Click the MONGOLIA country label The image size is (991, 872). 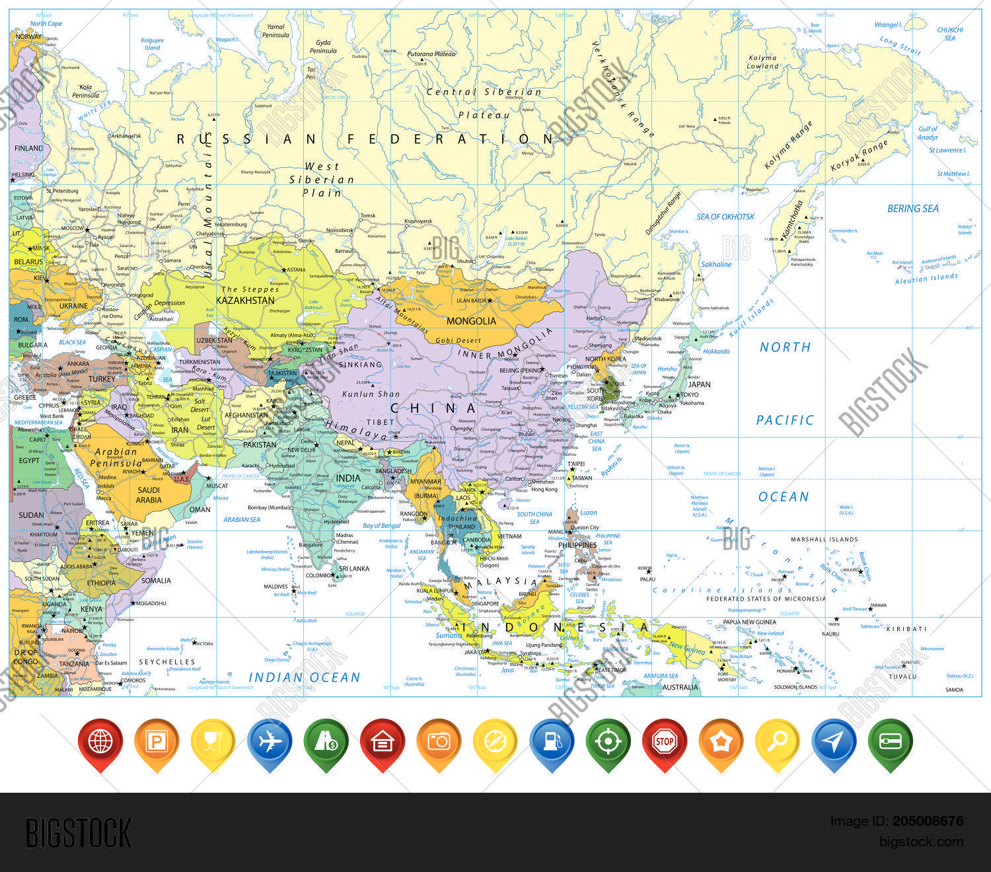point(471,321)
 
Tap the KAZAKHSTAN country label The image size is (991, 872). point(245,301)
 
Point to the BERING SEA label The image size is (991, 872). point(912,209)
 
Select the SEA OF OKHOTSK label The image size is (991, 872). point(725,217)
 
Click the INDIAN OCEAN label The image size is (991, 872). point(305,677)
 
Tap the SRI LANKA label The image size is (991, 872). point(354,569)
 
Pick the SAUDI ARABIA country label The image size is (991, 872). point(149,495)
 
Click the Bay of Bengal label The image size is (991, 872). point(382,526)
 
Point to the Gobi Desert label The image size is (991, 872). point(459,341)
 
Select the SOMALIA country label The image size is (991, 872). point(156,581)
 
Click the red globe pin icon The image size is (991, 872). point(100,742)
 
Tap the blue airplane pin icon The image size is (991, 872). point(270,742)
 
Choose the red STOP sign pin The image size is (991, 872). point(664,741)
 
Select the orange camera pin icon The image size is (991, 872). point(439,742)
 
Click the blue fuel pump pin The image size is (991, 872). point(552,742)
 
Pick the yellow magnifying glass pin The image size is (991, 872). point(777,741)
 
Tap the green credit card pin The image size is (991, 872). point(890,742)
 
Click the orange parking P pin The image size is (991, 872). point(157,742)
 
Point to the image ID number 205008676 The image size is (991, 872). point(928,821)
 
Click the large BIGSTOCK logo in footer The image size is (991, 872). point(79,833)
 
